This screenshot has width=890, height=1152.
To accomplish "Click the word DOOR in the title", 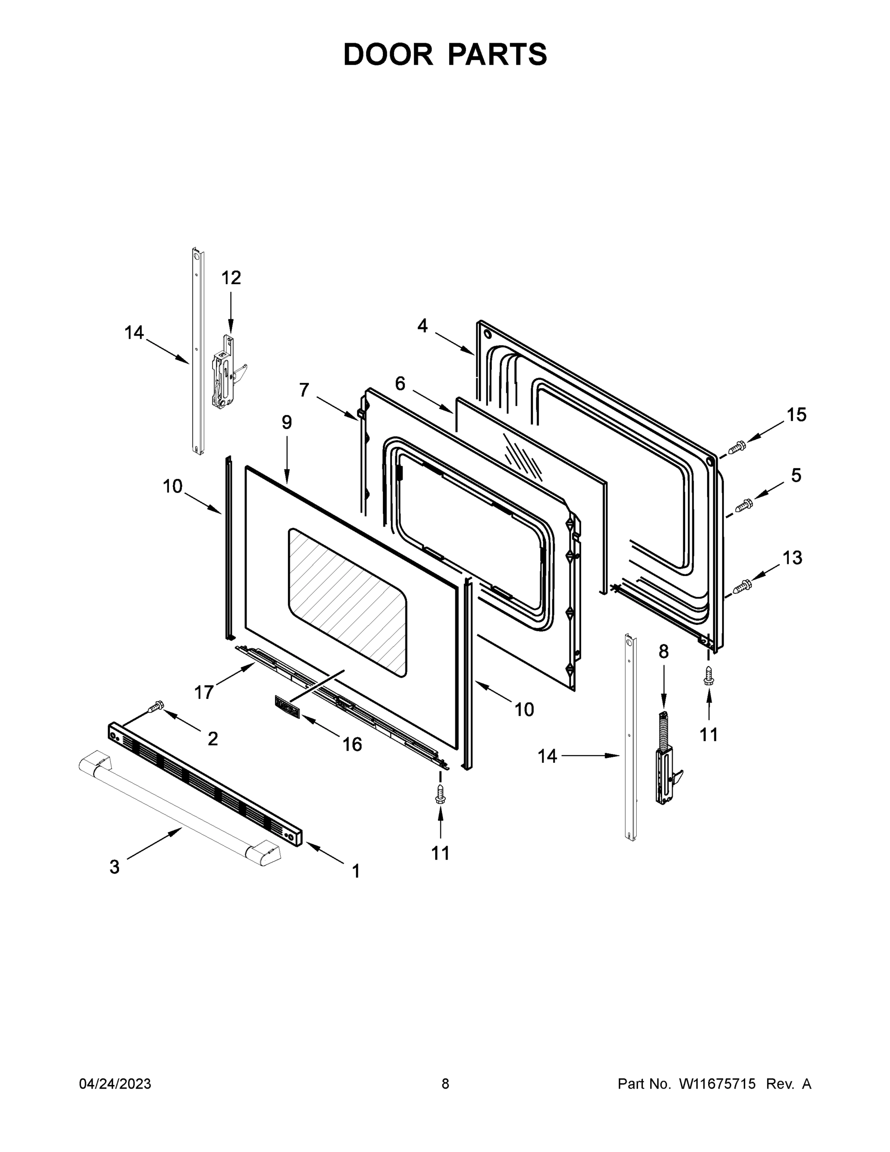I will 388,54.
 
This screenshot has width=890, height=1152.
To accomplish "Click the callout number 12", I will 230,277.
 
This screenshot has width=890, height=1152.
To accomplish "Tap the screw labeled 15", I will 736,447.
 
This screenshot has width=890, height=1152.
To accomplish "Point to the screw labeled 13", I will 742,585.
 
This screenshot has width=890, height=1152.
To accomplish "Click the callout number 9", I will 286,422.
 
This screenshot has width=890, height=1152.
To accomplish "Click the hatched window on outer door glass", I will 347,602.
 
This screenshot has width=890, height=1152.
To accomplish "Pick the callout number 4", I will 422,325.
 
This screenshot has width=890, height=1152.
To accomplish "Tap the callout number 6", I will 400,384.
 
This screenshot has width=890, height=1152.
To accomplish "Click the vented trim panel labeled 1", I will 206,784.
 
